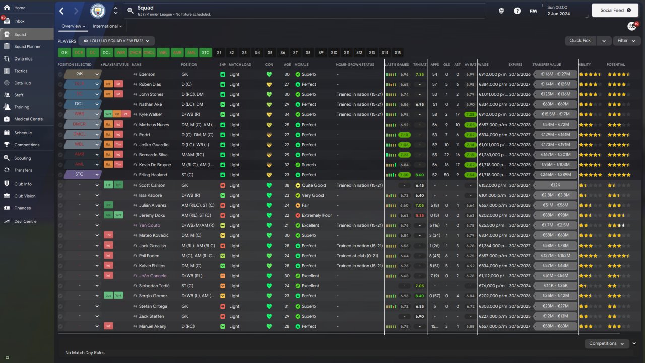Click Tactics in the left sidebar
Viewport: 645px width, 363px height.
(x=21, y=71)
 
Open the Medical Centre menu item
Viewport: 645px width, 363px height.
(x=28, y=119)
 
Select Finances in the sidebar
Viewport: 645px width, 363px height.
(x=22, y=208)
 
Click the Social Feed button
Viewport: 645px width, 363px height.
(x=615, y=10)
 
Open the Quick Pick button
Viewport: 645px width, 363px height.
(x=580, y=41)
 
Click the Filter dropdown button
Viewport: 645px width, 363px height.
(x=626, y=41)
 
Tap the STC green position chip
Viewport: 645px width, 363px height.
(x=205, y=52)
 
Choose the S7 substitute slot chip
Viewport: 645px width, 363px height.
(x=295, y=52)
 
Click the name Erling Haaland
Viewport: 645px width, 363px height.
(x=150, y=175)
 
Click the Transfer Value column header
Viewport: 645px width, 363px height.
(x=547, y=65)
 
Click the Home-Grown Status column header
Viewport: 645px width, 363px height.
(x=355, y=65)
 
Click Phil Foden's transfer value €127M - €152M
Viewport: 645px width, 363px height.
(x=555, y=256)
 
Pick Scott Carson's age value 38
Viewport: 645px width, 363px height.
(x=287, y=185)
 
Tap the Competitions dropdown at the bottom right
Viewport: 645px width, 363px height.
(x=606, y=343)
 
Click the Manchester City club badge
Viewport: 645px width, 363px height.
(x=98, y=11)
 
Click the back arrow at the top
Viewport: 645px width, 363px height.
(x=61, y=11)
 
